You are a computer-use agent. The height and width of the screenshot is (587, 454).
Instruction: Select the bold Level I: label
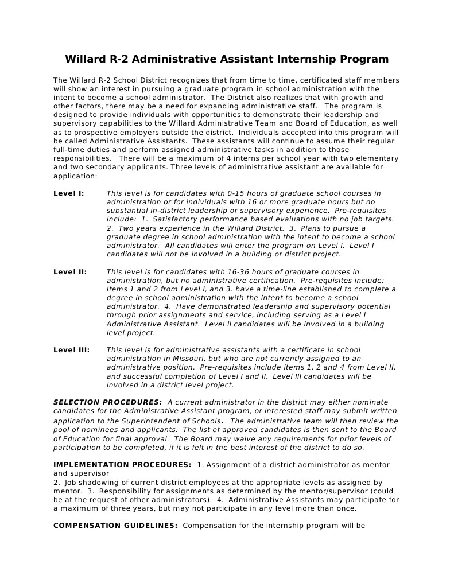pos(69,193)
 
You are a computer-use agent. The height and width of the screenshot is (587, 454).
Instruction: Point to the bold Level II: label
pos(70,272)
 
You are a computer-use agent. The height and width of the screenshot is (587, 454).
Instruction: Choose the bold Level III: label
pos(72,350)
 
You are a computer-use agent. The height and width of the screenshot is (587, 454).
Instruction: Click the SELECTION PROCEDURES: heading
pos(107,402)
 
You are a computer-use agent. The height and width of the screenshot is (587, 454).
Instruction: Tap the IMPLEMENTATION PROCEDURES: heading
pos(122,465)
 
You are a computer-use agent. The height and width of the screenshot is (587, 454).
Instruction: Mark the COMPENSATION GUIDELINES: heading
pos(115,526)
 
